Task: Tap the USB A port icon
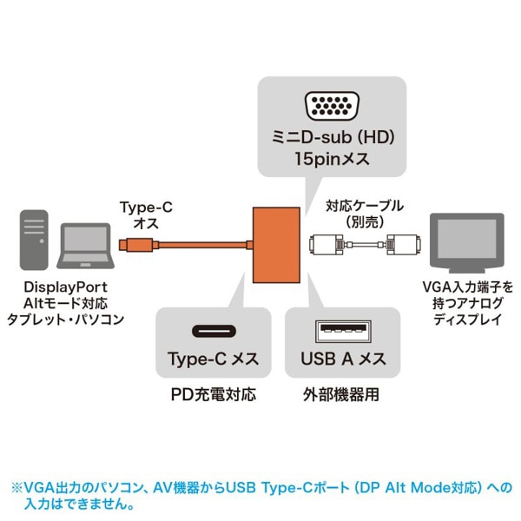(x=342, y=331)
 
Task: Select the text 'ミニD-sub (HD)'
(x=332, y=139)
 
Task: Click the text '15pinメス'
(x=332, y=161)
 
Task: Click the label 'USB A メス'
(x=343, y=359)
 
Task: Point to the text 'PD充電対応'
(x=214, y=395)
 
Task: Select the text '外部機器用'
(x=343, y=395)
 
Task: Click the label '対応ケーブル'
(x=364, y=206)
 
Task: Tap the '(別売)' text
(x=364, y=221)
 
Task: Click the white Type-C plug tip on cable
(x=129, y=247)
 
